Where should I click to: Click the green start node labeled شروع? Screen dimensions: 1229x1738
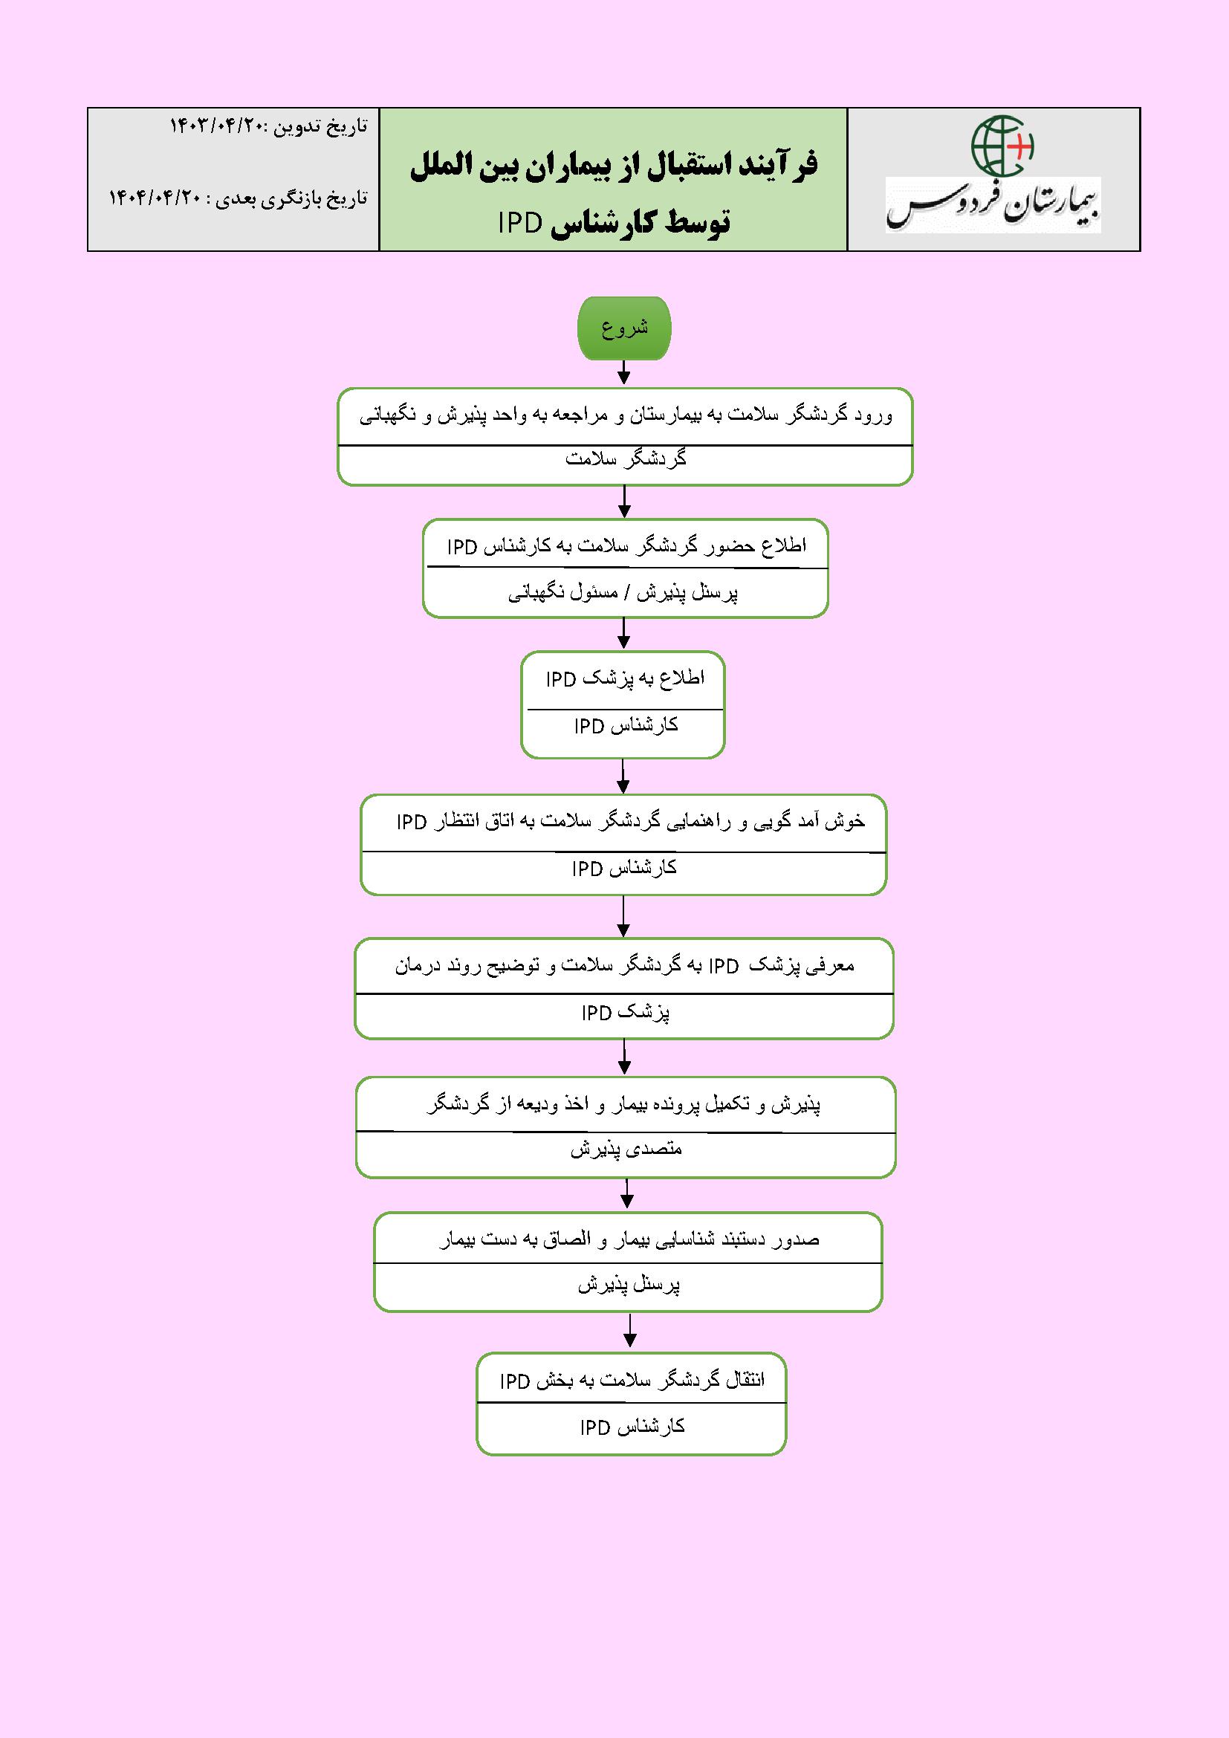point(624,329)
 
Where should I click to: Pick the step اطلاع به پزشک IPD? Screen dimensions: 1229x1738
point(625,679)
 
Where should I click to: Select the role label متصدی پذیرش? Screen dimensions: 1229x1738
point(626,1149)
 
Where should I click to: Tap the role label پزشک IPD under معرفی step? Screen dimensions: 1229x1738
point(625,1013)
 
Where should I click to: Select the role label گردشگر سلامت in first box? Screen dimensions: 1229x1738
point(626,459)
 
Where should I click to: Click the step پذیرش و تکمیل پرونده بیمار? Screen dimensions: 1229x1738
point(624,1105)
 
